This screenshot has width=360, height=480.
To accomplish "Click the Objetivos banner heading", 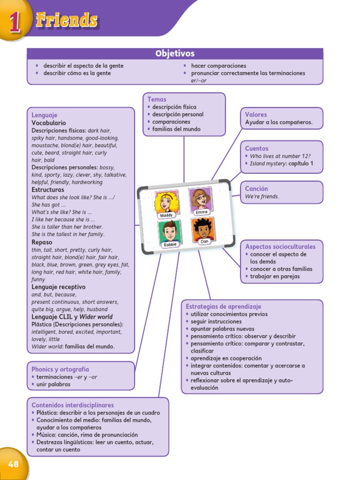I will [x=175, y=53].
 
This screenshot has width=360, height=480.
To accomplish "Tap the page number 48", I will [x=13, y=464].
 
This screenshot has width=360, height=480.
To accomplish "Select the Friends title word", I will [x=67, y=20].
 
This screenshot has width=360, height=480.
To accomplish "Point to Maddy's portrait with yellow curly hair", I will [x=166, y=202].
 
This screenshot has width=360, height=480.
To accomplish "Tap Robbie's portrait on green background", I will [x=169, y=232].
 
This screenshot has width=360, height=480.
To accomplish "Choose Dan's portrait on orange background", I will [x=203, y=229].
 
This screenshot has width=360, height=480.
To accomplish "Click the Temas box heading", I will [x=157, y=99].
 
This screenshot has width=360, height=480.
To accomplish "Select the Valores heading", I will [x=256, y=114].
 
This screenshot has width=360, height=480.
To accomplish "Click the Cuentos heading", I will [x=257, y=149].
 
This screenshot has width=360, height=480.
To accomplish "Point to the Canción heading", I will [x=256, y=189].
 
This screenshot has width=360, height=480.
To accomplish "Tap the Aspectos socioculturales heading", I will [x=280, y=247].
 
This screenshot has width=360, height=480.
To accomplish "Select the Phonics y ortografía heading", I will [x=60, y=369].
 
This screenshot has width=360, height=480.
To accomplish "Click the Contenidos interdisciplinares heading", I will [x=73, y=405].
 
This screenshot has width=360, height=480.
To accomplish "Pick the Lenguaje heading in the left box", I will [x=45, y=115].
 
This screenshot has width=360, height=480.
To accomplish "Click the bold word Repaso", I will [x=42, y=242].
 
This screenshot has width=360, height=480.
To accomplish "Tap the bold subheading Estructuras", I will [x=48, y=190].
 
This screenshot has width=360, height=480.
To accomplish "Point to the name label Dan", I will [x=204, y=242].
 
